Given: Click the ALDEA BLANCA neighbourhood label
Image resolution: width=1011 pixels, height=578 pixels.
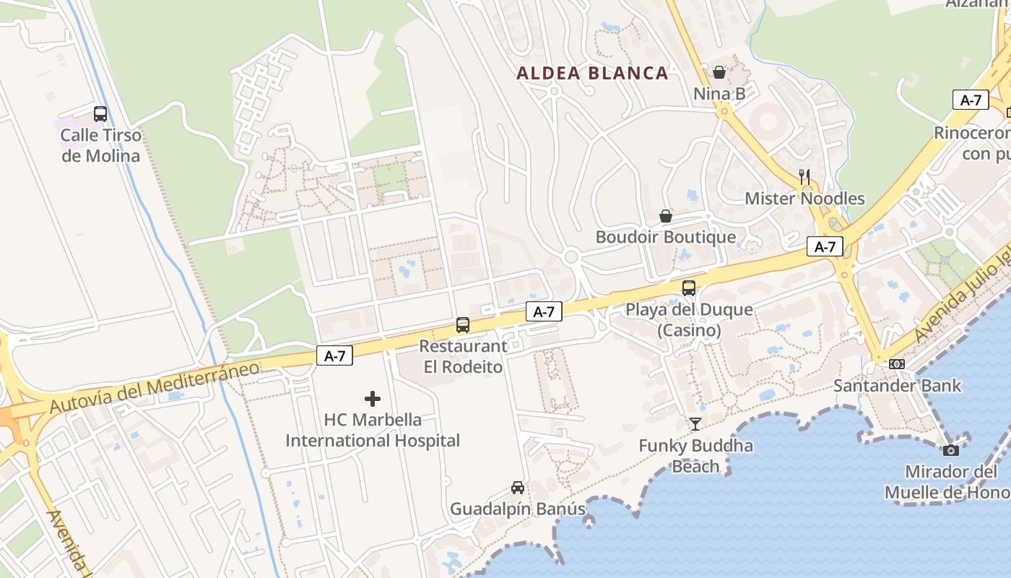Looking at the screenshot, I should tap(592, 73).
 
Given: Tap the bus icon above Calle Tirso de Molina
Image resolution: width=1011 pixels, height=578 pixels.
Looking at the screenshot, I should tap(100, 114).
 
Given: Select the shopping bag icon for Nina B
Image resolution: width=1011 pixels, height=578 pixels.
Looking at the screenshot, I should tap(719, 72).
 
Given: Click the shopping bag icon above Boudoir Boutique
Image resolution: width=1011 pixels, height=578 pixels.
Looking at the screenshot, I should tap(666, 216).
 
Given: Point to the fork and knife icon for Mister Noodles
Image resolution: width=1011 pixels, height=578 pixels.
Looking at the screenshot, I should tap(804, 176).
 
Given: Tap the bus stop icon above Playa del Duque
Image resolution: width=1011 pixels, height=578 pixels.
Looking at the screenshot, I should tap(689, 288).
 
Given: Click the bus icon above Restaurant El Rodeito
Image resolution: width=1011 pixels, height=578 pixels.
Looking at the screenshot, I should tap(463, 325).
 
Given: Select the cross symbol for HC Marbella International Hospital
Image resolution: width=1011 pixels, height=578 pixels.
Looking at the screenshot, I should tap(373, 398).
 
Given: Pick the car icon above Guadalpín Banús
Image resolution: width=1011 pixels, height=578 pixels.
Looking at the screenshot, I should tap(518, 488).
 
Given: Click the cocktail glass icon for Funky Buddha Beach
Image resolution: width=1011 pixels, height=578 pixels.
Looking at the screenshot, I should tap(695, 424).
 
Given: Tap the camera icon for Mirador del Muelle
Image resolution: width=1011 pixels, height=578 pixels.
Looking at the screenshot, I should tap(951, 450).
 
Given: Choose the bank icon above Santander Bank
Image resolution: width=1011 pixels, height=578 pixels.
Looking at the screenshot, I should tap(897, 364).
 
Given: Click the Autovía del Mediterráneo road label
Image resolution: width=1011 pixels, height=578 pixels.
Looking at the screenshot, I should tap(155, 388).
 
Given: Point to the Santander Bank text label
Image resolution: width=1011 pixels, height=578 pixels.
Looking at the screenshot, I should tap(897, 385).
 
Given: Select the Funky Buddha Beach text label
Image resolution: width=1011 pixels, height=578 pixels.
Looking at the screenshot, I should tap(695, 456).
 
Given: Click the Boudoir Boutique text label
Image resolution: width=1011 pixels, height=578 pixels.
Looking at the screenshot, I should tap(665, 237).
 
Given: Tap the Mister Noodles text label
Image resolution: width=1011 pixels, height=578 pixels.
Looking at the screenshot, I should tap(804, 198).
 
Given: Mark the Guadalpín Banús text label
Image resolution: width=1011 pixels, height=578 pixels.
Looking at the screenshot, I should tap(518, 509).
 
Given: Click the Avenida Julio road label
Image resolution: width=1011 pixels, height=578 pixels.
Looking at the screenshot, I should tap(960, 303).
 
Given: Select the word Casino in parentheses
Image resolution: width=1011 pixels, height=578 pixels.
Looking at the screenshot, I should tap(689, 330).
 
